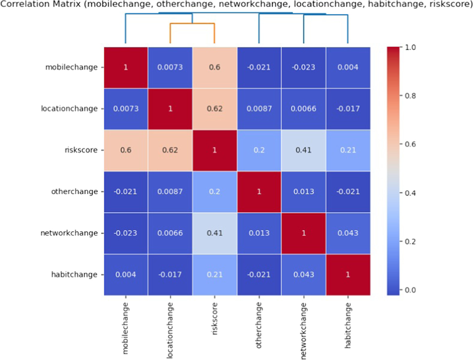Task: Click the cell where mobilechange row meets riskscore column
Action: (x=214, y=67)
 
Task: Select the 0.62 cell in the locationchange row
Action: (x=214, y=109)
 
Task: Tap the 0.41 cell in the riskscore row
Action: (x=304, y=150)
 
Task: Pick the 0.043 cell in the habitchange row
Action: (x=304, y=275)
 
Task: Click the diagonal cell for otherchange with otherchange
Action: (x=259, y=192)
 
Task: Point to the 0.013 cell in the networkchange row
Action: (x=259, y=233)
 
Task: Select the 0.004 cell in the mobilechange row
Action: (x=348, y=67)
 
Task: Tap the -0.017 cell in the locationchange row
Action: (x=348, y=109)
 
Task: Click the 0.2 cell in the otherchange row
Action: (x=214, y=192)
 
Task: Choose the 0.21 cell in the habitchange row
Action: (x=214, y=275)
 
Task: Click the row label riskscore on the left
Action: (x=81, y=150)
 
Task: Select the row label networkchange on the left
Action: (x=69, y=233)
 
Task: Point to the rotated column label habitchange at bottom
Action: (x=348, y=325)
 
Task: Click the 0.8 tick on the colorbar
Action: (x=410, y=96)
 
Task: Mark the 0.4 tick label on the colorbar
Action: (x=410, y=193)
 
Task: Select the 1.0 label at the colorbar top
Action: (x=410, y=47)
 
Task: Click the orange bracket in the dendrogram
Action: (x=192, y=24)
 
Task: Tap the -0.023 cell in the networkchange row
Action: (x=126, y=233)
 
